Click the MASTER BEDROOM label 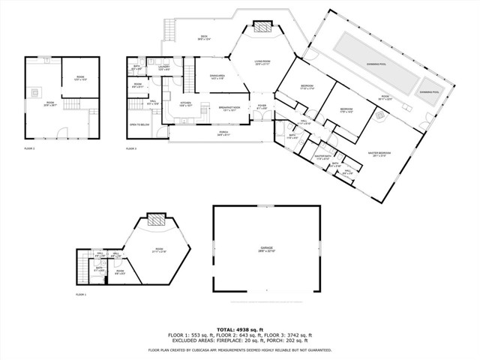point(378,154)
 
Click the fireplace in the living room point(262,28)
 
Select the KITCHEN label point(186,104)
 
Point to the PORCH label point(224,133)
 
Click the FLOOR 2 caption point(29,148)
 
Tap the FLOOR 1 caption point(81,295)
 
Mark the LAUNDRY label point(163,68)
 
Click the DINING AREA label point(217,76)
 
